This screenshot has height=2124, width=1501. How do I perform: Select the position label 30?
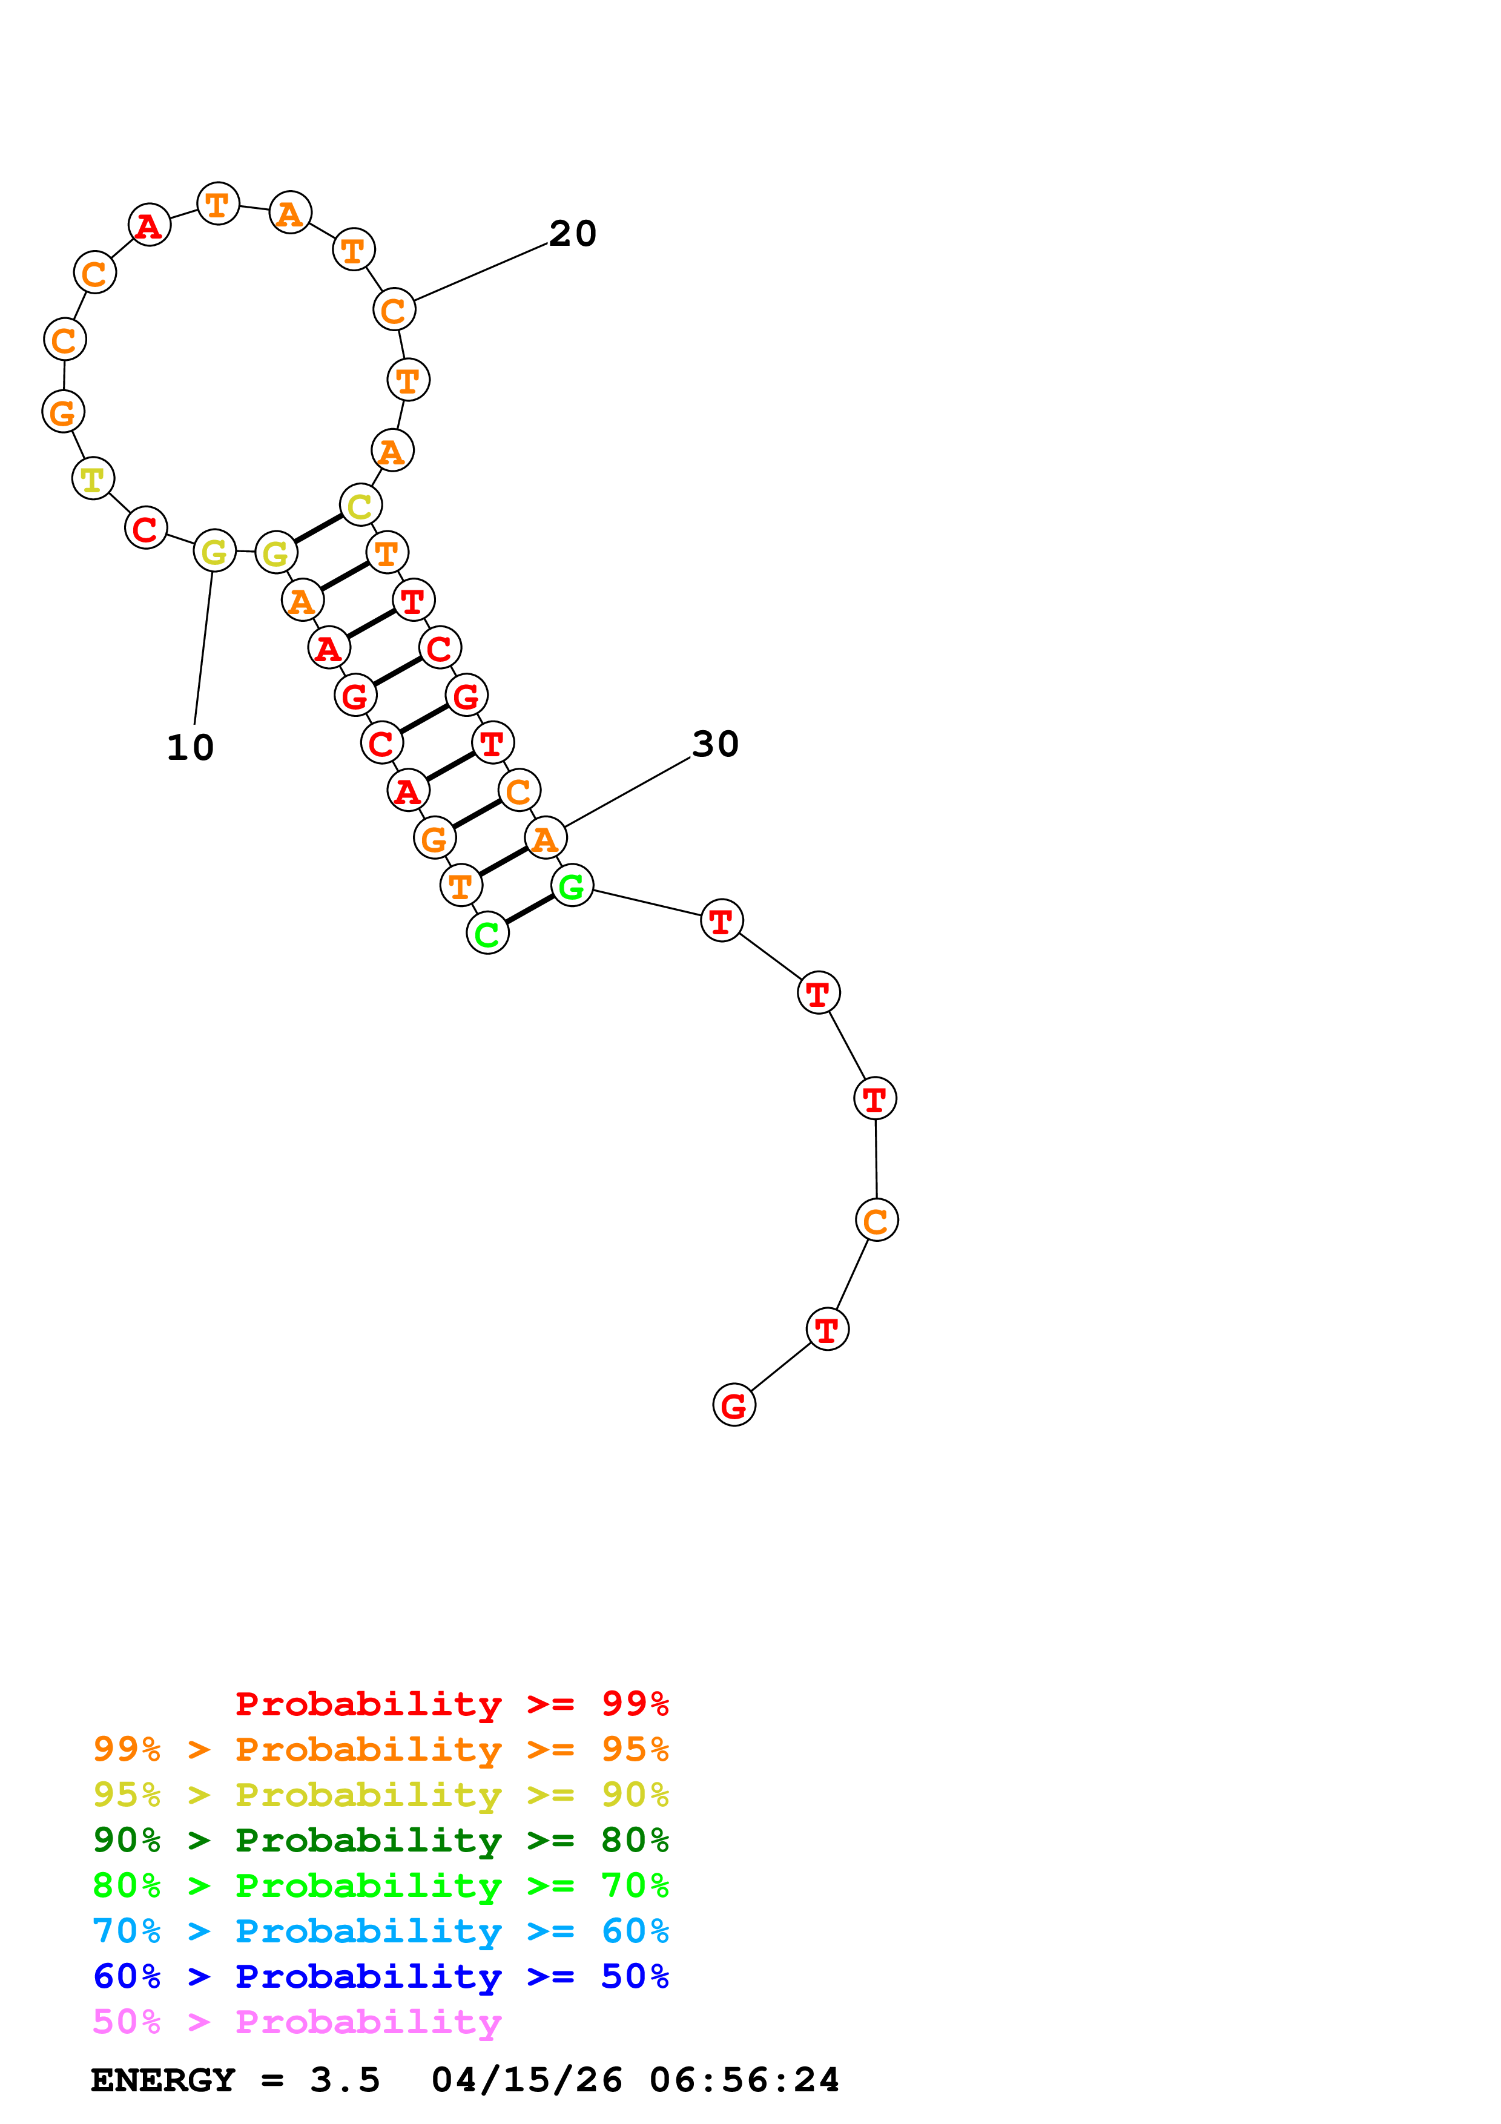(715, 744)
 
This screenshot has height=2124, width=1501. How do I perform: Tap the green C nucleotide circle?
(487, 934)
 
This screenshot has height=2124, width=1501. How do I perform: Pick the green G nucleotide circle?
(572, 886)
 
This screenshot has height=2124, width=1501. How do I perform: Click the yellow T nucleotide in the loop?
(93, 478)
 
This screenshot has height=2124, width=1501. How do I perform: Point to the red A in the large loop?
(149, 226)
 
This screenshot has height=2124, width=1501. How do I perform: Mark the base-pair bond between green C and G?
(530, 909)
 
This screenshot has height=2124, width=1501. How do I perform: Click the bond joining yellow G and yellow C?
(318, 529)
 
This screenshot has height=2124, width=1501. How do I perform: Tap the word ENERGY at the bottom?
(163, 2080)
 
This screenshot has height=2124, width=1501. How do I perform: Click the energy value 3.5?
(345, 2080)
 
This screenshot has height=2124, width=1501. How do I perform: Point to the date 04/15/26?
(527, 2080)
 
